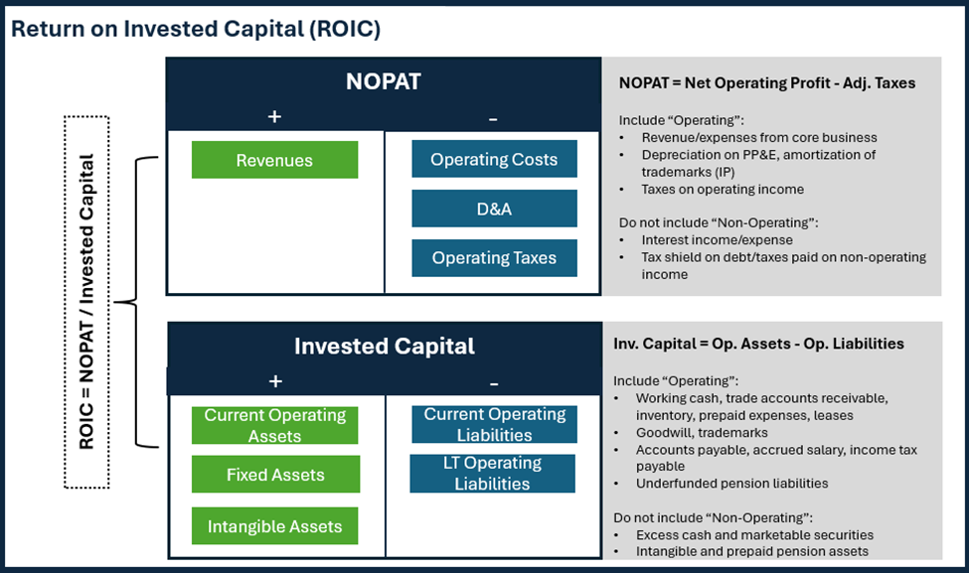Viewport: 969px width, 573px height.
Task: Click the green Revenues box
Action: pos(274,160)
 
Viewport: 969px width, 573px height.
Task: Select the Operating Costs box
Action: pos(494,159)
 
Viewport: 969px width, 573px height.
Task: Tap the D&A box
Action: pos(494,209)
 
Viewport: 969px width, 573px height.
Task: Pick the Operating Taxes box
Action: pos(494,258)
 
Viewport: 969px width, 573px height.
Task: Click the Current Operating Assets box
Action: pos(275,425)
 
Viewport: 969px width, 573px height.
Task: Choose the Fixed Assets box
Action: pos(275,475)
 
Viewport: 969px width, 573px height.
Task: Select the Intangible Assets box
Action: pos(275,526)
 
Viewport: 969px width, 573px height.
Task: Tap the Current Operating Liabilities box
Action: pos(494,424)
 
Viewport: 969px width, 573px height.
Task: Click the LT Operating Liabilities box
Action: pos(492,474)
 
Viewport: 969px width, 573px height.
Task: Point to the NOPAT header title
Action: pos(383,81)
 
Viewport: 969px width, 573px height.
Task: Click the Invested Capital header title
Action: pos(384,346)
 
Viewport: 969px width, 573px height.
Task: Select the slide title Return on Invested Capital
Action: pos(196,29)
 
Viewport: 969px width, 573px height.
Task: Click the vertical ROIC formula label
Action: pos(86,302)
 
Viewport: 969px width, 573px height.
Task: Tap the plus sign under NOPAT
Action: pos(275,117)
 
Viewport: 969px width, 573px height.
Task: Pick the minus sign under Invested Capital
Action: pos(494,382)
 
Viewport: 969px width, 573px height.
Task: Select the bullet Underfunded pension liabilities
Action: pos(732,484)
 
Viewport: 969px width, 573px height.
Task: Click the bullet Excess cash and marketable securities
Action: pos(740,535)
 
